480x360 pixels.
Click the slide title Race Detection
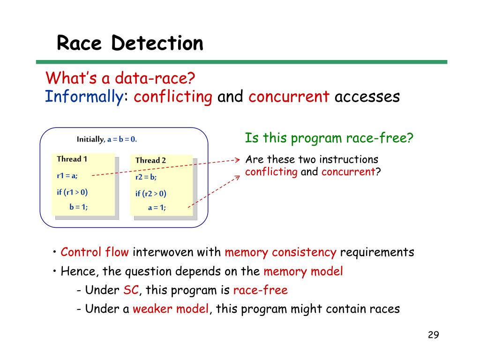pos(130,44)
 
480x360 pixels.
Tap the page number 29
pos(433,335)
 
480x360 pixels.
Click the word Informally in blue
pos(83,97)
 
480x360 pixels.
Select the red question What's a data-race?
pos(120,77)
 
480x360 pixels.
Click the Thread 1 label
pos(72,159)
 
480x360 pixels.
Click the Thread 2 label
pos(150,160)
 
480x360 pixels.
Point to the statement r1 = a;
pos(67,176)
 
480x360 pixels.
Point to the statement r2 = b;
pos(146,177)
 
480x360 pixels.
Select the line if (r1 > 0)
pos(72,192)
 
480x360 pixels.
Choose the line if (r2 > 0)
pos(151,194)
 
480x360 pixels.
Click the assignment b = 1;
pos(78,206)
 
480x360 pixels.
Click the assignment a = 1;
pos(157,208)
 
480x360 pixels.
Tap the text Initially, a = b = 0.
pos(107,139)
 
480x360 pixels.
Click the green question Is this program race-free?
pos(329,138)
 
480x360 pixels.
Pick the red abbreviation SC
pos(131,290)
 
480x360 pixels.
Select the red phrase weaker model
pos(171,309)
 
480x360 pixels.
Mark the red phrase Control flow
pos(95,252)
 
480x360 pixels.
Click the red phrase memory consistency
pos(280,252)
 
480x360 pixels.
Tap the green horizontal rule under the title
pos(241,62)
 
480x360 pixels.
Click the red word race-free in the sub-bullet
pos(260,290)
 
